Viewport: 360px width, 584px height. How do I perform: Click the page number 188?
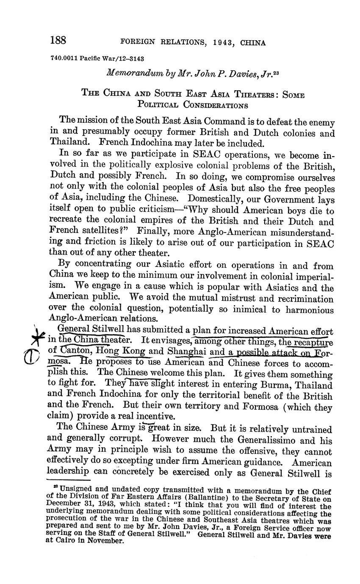[58, 41]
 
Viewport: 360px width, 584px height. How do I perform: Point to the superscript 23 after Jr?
[275, 72]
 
